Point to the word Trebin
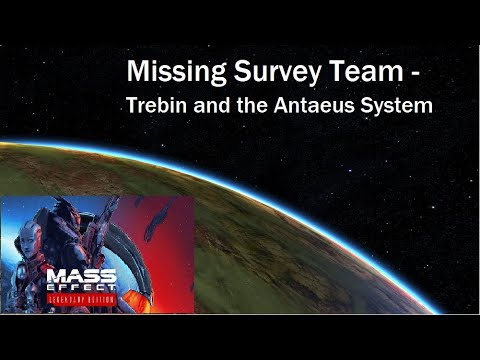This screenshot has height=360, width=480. (x=156, y=104)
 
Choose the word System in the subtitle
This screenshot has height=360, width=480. (x=398, y=105)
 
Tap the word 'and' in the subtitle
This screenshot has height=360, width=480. (x=212, y=104)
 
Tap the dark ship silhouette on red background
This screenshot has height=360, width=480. (x=160, y=220)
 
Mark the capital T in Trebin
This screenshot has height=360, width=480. (x=130, y=104)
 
